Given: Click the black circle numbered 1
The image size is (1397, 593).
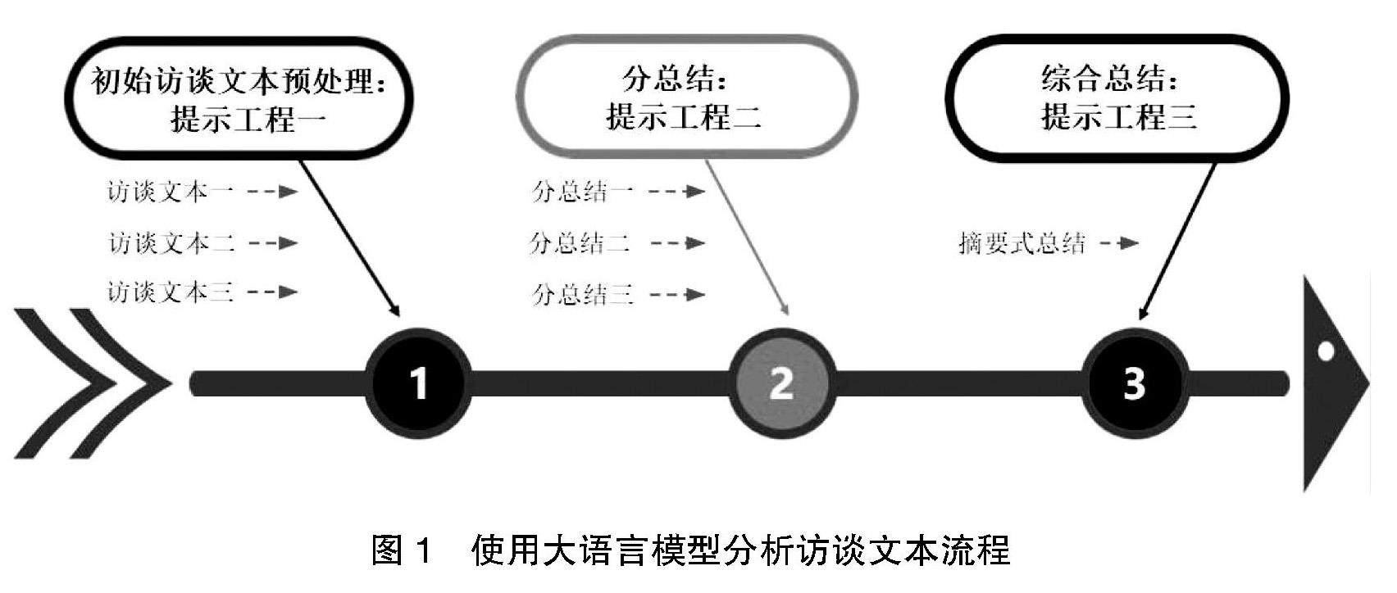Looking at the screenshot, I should click(x=419, y=383).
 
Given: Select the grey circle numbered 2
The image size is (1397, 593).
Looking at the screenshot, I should click(x=781, y=383).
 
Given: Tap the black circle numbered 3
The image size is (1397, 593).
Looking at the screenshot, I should click(x=1135, y=383).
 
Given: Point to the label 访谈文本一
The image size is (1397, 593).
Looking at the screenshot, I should click(x=171, y=192).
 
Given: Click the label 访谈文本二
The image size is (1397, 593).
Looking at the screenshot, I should click(x=171, y=243).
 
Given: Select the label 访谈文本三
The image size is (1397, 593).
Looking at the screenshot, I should click(x=171, y=292).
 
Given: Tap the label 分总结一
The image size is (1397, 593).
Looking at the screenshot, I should click(x=582, y=192).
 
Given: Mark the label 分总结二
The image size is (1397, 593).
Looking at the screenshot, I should click(x=580, y=243).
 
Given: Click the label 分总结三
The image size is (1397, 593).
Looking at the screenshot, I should click(x=582, y=294).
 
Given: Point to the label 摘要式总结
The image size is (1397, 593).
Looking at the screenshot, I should click(x=1022, y=243).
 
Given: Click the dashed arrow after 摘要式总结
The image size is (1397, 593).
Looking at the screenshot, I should click(x=1119, y=243).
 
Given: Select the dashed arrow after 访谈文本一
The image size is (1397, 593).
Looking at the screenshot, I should click(x=271, y=192).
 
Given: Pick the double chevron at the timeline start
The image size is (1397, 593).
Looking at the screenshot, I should click(x=90, y=383).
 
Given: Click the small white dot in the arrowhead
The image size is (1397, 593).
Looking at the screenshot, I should click(x=1326, y=353).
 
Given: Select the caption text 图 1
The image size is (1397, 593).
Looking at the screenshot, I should click(x=401, y=550).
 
